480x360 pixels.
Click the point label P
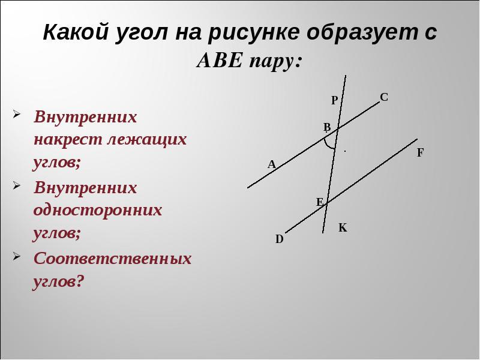pyautogui.click(x=334, y=100)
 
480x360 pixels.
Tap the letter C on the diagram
pyautogui.click(x=384, y=97)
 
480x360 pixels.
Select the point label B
pyautogui.click(x=327, y=127)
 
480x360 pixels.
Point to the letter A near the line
pyautogui.click(x=272, y=164)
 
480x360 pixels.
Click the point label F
pyautogui.click(x=421, y=152)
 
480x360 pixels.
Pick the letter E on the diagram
pyautogui.click(x=319, y=202)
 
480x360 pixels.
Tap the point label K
pyautogui.click(x=343, y=228)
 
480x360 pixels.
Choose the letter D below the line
pyautogui.click(x=280, y=239)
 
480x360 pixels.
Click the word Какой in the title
pyautogui.click(x=76, y=32)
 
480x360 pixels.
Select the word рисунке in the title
pyautogui.click(x=253, y=33)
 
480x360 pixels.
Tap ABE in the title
pyautogui.click(x=220, y=61)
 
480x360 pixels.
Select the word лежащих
pyautogui.click(x=147, y=140)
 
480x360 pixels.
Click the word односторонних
pyautogui.click(x=98, y=211)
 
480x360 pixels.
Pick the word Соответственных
pyautogui.click(x=112, y=258)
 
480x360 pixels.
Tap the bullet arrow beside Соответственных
pyautogui.click(x=17, y=256)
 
